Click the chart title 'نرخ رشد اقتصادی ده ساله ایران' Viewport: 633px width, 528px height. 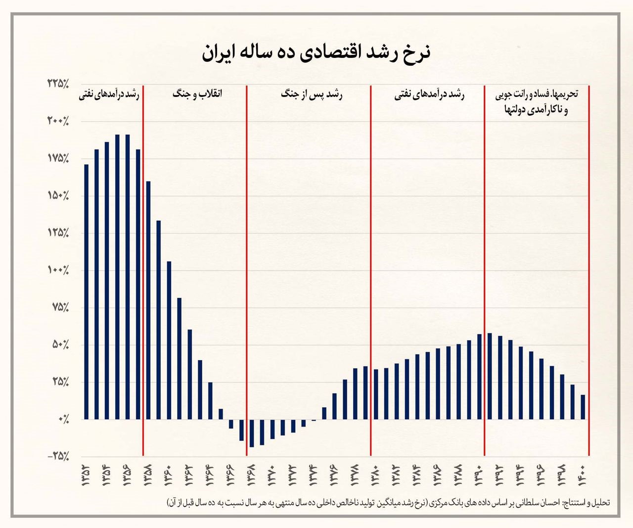click(316, 52)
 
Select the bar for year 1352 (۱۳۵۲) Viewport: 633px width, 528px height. click(86, 292)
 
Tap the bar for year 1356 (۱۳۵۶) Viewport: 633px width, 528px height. click(128, 277)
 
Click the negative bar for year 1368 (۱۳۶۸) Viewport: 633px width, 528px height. click(252, 433)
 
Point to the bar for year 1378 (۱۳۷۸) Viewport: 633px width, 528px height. click(355, 394)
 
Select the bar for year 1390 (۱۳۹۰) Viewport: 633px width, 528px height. click(479, 377)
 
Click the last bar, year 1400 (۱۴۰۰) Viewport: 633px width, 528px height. click(583, 407)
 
